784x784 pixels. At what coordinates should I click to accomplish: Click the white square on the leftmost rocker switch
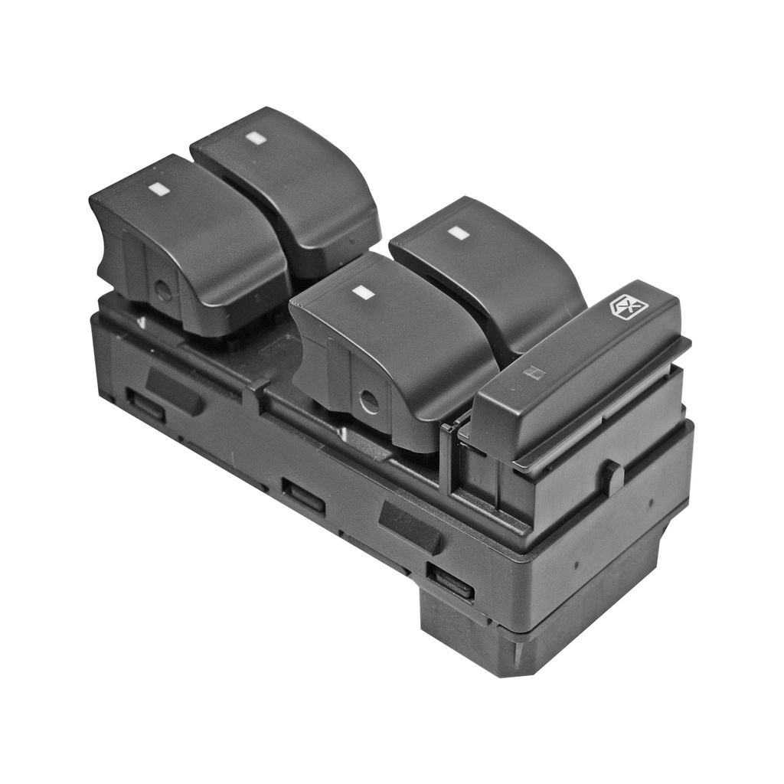158,187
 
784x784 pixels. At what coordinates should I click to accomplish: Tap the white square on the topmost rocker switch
255,138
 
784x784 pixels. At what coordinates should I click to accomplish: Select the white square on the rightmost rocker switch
458,233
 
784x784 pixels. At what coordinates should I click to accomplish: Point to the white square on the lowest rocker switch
361,292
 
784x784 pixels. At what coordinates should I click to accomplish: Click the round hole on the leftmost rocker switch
163,291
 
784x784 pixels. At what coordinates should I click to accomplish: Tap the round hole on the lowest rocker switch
369,401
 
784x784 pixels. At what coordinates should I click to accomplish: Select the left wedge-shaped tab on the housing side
175,390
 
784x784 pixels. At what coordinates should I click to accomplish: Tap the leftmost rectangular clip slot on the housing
145,406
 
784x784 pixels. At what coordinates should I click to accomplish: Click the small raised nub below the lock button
612,476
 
